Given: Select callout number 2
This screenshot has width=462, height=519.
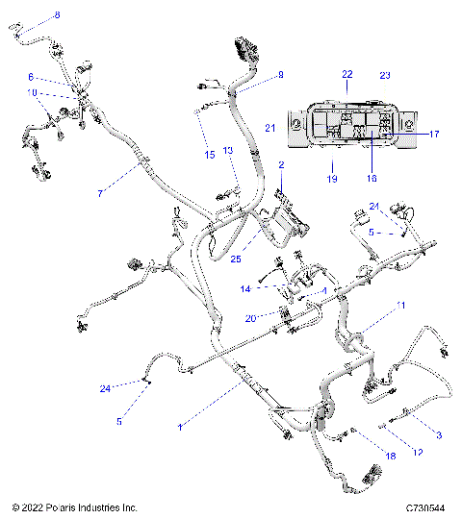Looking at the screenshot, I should (281, 166).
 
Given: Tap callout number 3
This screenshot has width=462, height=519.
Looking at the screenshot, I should (440, 436).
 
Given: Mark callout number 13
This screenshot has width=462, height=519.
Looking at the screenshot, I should (228, 152).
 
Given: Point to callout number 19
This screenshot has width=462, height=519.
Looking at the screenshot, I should (331, 179).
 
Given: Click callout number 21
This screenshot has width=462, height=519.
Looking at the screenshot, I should (270, 128).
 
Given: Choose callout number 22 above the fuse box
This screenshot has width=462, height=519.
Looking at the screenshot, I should (347, 74).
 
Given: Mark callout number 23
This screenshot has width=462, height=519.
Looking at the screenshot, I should (385, 74).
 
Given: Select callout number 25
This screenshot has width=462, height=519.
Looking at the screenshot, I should (235, 258).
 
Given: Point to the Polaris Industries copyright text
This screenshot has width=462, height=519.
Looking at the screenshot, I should (74, 507).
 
